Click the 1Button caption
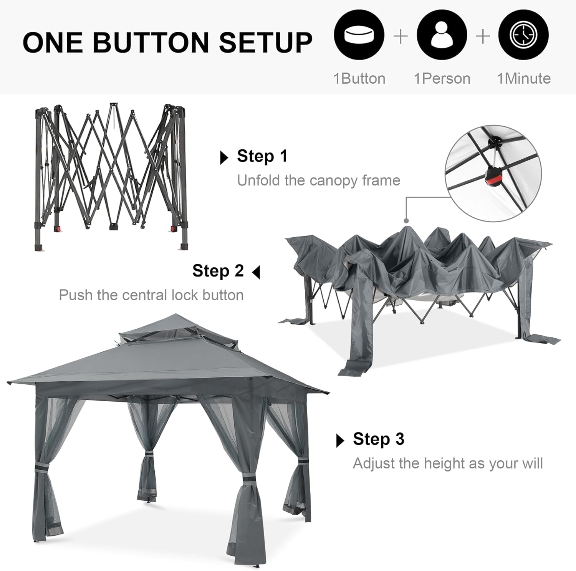(359, 79)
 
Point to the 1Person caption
(442, 79)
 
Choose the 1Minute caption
(524, 79)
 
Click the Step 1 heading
(262, 156)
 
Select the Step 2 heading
(218, 271)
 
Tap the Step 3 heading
(379, 439)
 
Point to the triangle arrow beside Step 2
(256, 273)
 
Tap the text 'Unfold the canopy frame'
(319, 180)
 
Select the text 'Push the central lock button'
(151, 295)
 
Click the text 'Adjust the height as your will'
(448, 463)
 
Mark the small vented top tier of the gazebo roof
(161, 329)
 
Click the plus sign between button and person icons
(401, 36)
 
